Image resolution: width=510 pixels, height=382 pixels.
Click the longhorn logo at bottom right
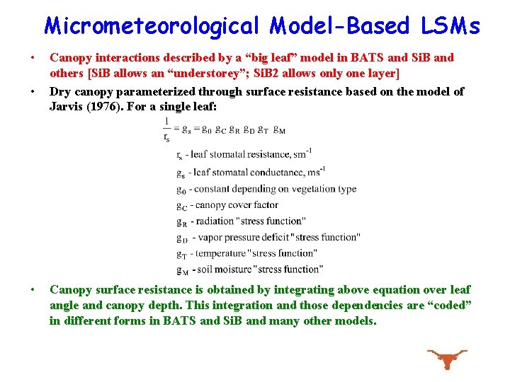446,359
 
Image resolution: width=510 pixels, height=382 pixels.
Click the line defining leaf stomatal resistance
244,154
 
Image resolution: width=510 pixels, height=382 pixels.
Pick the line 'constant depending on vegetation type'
266,189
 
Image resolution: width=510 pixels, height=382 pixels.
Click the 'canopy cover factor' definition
227,205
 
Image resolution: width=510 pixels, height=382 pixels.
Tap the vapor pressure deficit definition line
268,237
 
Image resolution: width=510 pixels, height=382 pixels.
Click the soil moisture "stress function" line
249,269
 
